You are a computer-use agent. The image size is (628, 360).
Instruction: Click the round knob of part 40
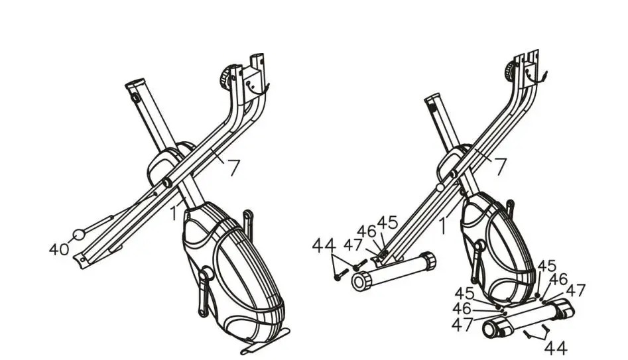pos(79,234)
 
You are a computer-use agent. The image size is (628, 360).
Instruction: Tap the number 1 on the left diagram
pos(173,213)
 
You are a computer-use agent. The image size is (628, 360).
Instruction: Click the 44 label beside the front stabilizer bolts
pos(324,247)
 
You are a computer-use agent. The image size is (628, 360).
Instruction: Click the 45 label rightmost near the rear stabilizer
pos(547,265)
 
